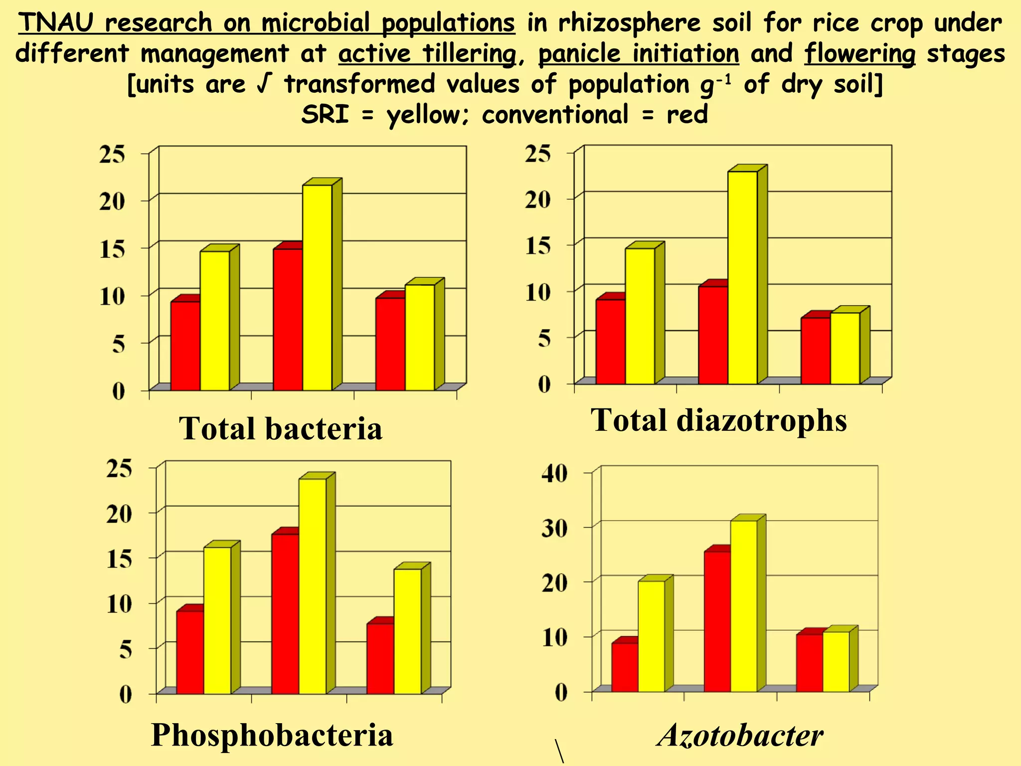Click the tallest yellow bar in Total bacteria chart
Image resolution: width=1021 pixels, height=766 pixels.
click(x=317, y=287)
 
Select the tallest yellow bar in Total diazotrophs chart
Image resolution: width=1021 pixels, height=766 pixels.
click(x=742, y=277)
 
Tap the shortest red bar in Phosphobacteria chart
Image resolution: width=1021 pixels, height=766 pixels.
click(x=380, y=658)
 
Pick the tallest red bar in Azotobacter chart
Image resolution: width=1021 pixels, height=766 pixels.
click(x=717, y=621)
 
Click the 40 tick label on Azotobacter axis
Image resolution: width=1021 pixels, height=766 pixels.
click(x=555, y=473)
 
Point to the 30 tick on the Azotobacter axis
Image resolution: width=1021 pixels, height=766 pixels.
click(x=555, y=528)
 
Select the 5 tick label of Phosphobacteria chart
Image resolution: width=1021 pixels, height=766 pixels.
click(x=125, y=649)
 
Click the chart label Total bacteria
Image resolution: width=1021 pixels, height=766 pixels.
click(x=280, y=428)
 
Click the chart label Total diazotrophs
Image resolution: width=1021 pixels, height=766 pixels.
click(x=718, y=420)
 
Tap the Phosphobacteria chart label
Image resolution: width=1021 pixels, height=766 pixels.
click(x=272, y=735)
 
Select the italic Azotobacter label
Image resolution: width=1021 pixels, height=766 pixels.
click(x=740, y=735)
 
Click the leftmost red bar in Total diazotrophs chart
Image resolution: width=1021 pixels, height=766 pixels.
click(x=610, y=341)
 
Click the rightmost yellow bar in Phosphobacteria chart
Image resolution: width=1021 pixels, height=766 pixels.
click(x=407, y=631)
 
